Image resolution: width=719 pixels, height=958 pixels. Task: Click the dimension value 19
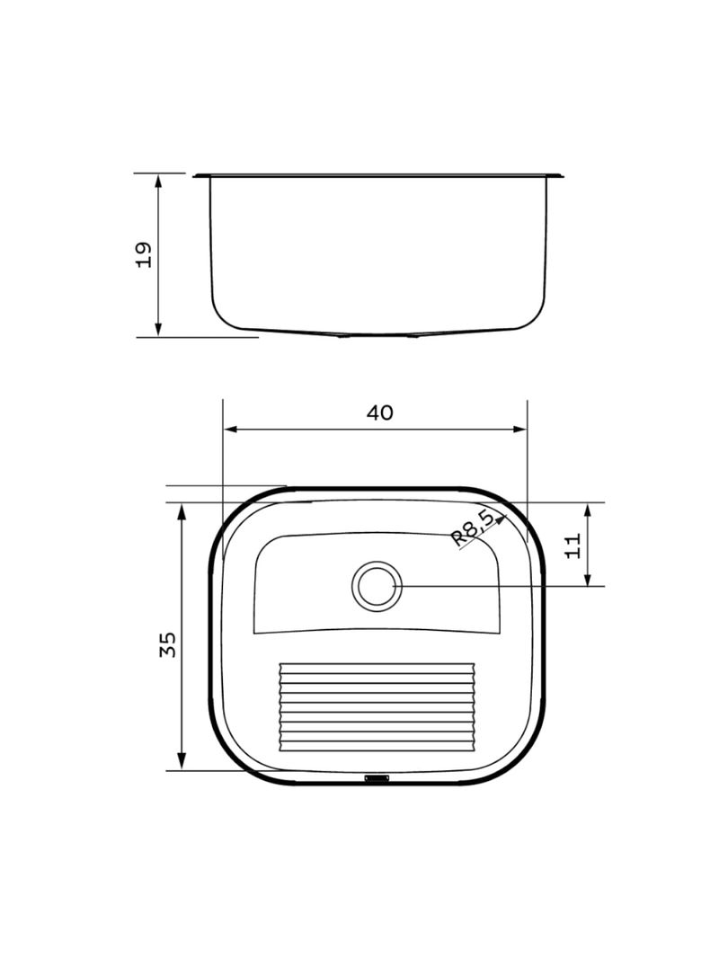[x=143, y=254]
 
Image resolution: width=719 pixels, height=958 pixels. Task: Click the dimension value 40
[x=379, y=412]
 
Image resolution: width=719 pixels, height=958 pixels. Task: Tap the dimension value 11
[x=573, y=545]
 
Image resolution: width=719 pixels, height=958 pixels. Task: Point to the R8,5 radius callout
[x=472, y=528]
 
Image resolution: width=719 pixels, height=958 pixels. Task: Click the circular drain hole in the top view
[x=376, y=586]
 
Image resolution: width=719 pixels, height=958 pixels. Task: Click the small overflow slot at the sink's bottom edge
[x=377, y=778]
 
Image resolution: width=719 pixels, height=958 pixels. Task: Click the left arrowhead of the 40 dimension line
[x=228, y=430]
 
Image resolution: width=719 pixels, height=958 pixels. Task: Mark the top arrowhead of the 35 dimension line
[x=182, y=510]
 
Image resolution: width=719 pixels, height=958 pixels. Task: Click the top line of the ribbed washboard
[x=377, y=665]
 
